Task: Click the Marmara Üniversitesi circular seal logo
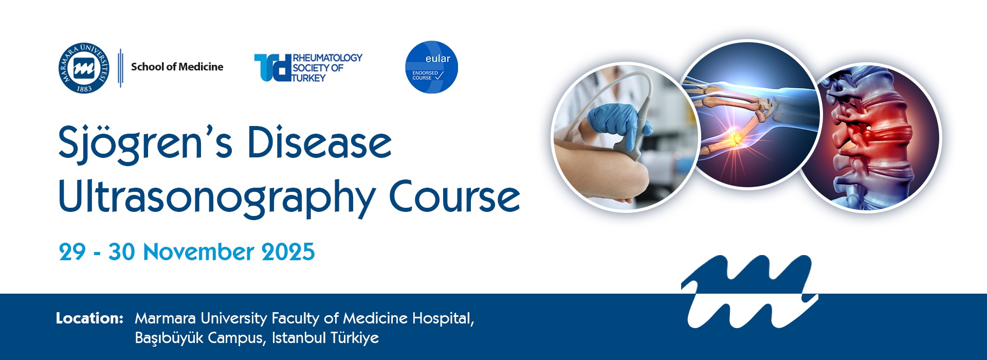[x=84, y=68]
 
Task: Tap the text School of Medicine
[x=177, y=67]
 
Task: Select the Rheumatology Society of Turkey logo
[x=308, y=67]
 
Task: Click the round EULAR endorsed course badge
[x=431, y=67]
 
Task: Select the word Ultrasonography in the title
[x=217, y=198]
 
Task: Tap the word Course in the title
[x=454, y=196]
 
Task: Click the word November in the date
[x=198, y=252]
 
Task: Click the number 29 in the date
[x=72, y=252]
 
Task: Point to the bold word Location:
[x=89, y=318]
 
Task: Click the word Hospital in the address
[x=443, y=319]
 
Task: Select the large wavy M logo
[x=750, y=291]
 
